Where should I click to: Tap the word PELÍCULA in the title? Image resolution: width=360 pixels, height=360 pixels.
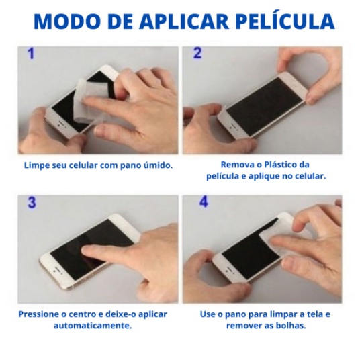pyautogui.click(x=285, y=21)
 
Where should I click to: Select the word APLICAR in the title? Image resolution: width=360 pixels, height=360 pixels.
pyautogui.click(x=184, y=21)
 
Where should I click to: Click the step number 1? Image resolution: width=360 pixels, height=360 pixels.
pyautogui.click(x=31, y=53)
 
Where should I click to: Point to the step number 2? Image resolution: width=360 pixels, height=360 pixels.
pyautogui.click(x=197, y=53)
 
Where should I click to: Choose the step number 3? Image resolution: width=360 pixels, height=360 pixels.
pyautogui.click(x=32, y=202)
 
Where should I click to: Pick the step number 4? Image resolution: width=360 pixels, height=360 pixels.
pyautogui.click(x=204, y=201)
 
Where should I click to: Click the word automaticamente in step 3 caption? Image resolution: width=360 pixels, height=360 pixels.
pyautogui.click(x=93, y=326)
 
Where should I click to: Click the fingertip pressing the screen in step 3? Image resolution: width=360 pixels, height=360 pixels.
pyautogui.click(x=87, y=251)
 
